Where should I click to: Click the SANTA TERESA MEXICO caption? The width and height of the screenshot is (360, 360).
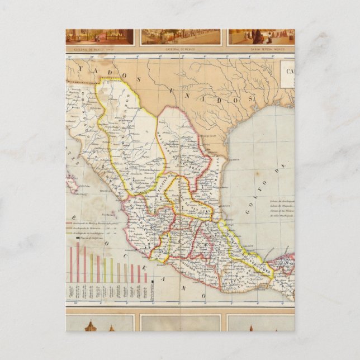(x=261, y=49)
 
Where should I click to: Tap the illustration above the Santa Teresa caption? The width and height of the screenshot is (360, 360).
(x=261, y=36)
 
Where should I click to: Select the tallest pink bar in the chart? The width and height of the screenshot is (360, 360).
(x=78, y=262)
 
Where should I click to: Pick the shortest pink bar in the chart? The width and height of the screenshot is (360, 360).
(x=146, y=277)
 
